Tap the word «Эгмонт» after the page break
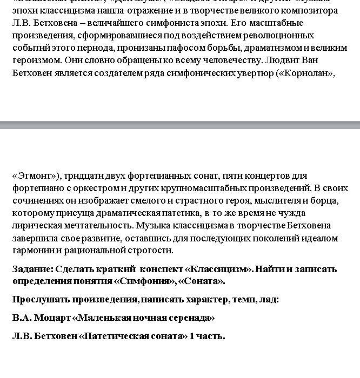(x=35, y=175)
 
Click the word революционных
(x=282, y=36)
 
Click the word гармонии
(x=31, y=250)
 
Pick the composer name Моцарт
(x=55, y=318)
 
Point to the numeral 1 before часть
(x=191, y=336)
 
